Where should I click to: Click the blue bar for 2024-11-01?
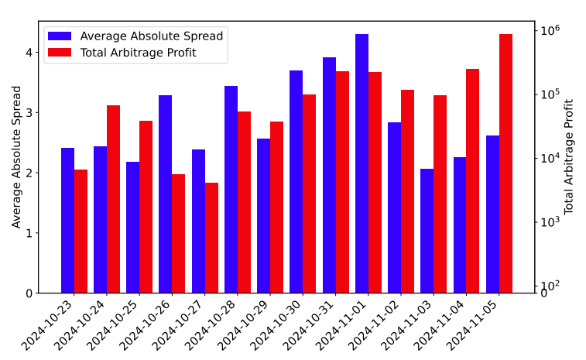tap(362, 163)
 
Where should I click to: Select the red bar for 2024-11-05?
tap(505, 163)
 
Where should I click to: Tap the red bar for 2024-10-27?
tap(211, 238)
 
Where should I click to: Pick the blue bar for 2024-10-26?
tap(165, 194)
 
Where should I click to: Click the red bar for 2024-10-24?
tap(113, 199)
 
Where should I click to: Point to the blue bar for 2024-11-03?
tap(427, 231)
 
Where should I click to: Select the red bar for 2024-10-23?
tap(81, 231)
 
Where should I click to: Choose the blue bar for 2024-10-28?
tap(231, 190)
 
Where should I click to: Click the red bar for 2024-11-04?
tap(472, 181)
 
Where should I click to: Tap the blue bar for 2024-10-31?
tap(329, 175)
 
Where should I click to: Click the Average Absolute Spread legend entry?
tap(135, 36)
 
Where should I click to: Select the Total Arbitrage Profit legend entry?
tap(122, 53)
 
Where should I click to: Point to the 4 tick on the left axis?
tap(29, 53)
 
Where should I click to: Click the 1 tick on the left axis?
tap(29, 233)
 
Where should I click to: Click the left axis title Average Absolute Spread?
tap(16, 157)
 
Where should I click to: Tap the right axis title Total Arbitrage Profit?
tap(568, 156)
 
